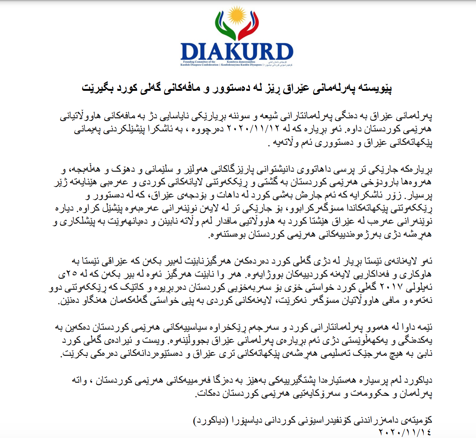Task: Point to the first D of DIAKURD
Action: (190, 52)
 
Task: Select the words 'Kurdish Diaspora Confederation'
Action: (200, 65)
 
